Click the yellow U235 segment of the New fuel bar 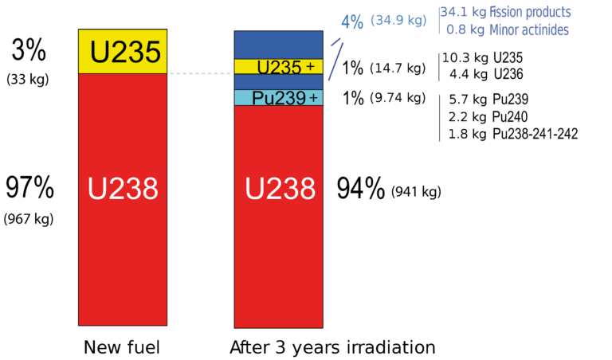click(x=123, y=52)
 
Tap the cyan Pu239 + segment click(x=278, y=98)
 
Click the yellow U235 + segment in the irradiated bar click(x=278, y=67)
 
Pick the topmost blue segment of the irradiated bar click(x=278, y=45)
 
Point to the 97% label click(x=30, y=189)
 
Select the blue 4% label click(x=352, y=22)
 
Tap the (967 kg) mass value click(x=29, y=218)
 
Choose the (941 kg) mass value click(x=416, y=192)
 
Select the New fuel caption click(x=123, y=347)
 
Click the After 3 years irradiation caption click(x=332, y=347)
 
